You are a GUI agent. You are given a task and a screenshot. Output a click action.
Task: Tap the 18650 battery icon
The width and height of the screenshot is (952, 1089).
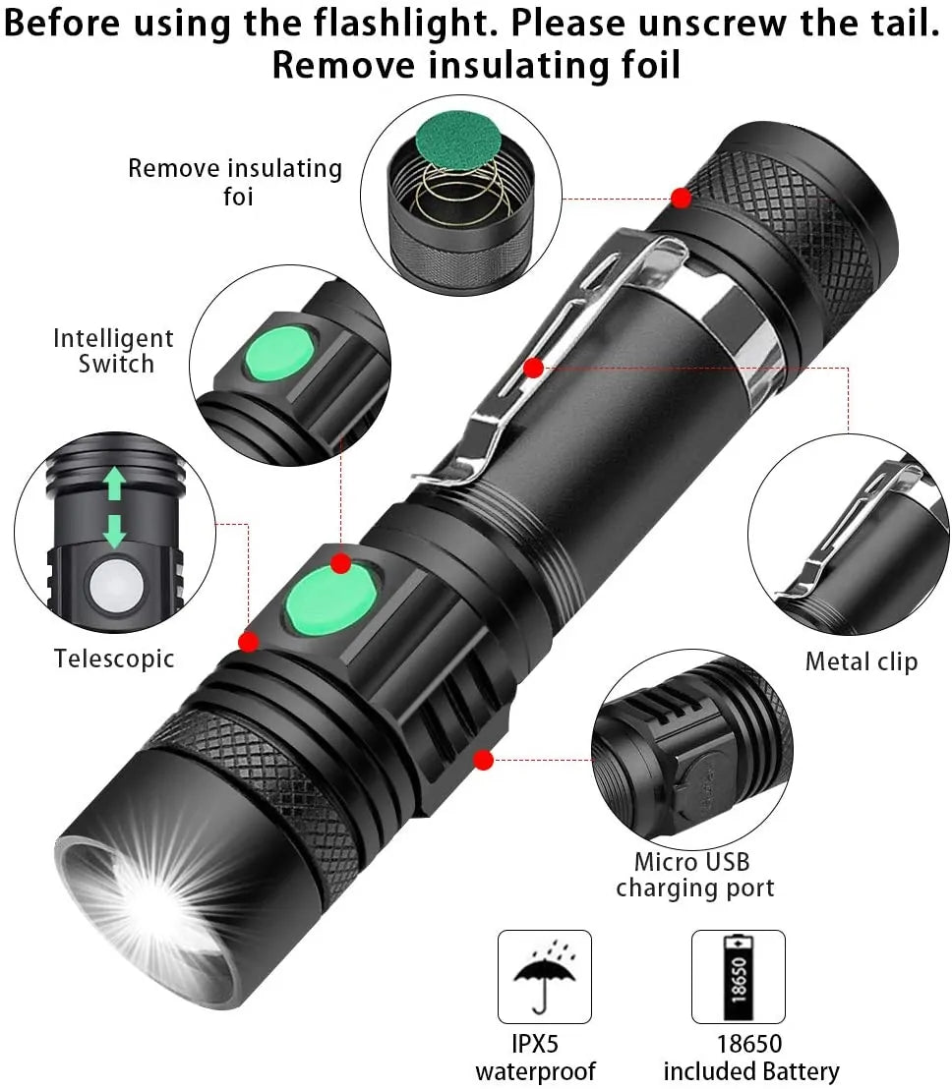click(x=738, y=977)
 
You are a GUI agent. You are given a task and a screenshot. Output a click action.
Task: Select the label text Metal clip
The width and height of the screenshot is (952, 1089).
click(x=861, y=661)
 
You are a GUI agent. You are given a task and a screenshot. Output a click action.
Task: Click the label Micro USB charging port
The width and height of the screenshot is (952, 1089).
click(x=694, y=875)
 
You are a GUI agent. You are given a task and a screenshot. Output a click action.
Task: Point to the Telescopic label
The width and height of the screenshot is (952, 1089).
click(x=114, y=659)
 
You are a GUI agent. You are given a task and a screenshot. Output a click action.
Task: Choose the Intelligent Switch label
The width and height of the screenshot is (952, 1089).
click(x=113, y=351)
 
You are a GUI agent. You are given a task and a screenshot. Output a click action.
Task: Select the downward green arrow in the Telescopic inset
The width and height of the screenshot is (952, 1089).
click(x=116, y=529)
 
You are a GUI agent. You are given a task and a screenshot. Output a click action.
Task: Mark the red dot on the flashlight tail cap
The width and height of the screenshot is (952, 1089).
click(x=681, y=198)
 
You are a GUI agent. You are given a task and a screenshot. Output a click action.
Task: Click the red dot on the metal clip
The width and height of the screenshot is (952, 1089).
click(x=534, y=369)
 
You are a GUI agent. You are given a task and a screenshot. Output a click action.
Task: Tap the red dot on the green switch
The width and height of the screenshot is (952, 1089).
click(x=340, y=563)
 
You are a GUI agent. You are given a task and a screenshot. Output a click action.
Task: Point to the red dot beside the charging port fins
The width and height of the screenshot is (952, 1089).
click(x=482, y=759)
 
